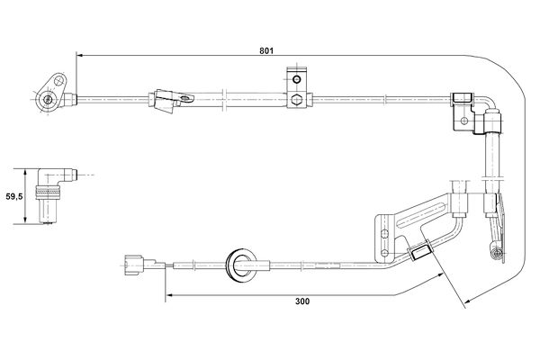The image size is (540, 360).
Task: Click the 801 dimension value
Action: (266, 50)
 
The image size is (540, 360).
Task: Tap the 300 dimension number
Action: (302, 301)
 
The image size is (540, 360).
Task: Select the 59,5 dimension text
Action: (14, 197)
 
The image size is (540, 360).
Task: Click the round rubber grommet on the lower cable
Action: (240, 265)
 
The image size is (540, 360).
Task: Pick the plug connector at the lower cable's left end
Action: (135, 265)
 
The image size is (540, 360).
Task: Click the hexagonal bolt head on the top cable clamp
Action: (296, 100)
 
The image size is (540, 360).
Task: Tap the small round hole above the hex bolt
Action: (296, 80)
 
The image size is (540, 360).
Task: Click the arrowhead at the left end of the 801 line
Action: (79, 55)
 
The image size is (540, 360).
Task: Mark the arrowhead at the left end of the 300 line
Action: (169, 295)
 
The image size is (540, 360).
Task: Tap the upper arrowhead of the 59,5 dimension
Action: (25, 172)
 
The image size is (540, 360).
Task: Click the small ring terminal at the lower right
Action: (496, 254)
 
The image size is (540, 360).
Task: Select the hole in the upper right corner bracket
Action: (464, 121)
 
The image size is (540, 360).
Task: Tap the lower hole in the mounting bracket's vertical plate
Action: (385, 253)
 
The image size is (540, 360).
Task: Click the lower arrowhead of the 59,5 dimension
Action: (25, 220)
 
